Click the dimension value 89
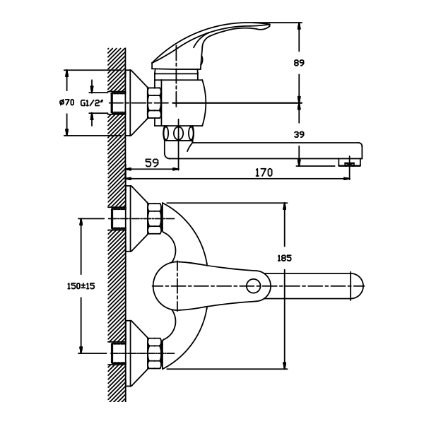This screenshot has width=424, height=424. pos(298,63)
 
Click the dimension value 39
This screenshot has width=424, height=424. pos(298,134)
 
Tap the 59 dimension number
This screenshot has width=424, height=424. pos(151,163)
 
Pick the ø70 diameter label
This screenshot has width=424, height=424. pos(67,103)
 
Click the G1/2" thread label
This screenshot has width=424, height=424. pos(92,103)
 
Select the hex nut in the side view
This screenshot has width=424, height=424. pos(153,103)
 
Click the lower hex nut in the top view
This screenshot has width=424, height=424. pos(155,353)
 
